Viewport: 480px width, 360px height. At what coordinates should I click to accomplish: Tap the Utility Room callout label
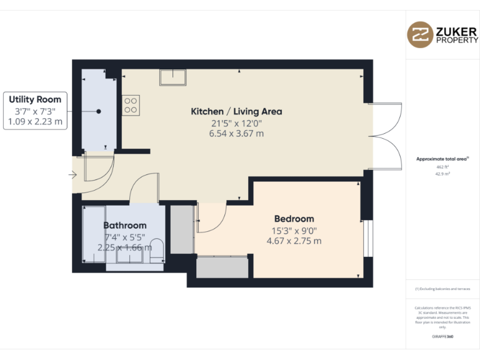(35, 99)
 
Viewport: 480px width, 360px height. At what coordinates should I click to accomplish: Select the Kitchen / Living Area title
(236, 112)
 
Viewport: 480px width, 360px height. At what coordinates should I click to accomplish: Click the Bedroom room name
(294, 219)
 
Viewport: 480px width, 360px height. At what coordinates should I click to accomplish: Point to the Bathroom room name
(125, 225)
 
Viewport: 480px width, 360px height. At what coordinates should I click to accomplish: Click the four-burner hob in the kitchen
(131, 104)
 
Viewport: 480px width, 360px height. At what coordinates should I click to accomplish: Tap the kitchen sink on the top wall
(172, 77)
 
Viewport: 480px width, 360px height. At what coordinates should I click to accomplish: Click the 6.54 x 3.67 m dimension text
(236, 133)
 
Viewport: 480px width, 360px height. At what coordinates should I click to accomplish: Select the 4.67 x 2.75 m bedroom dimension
(294, 241)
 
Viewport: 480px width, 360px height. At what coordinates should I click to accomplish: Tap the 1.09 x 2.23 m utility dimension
(35, 122)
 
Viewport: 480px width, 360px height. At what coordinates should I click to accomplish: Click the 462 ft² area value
(443, 167)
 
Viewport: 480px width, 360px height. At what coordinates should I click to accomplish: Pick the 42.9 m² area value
(443, 174)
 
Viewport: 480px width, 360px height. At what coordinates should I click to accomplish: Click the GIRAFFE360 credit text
(442, 337)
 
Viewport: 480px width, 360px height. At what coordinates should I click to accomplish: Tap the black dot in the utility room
(98, 111)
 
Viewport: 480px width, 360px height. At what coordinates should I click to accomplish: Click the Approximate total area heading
(442, 159)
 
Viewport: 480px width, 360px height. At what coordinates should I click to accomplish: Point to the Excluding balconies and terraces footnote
(442, 289)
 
